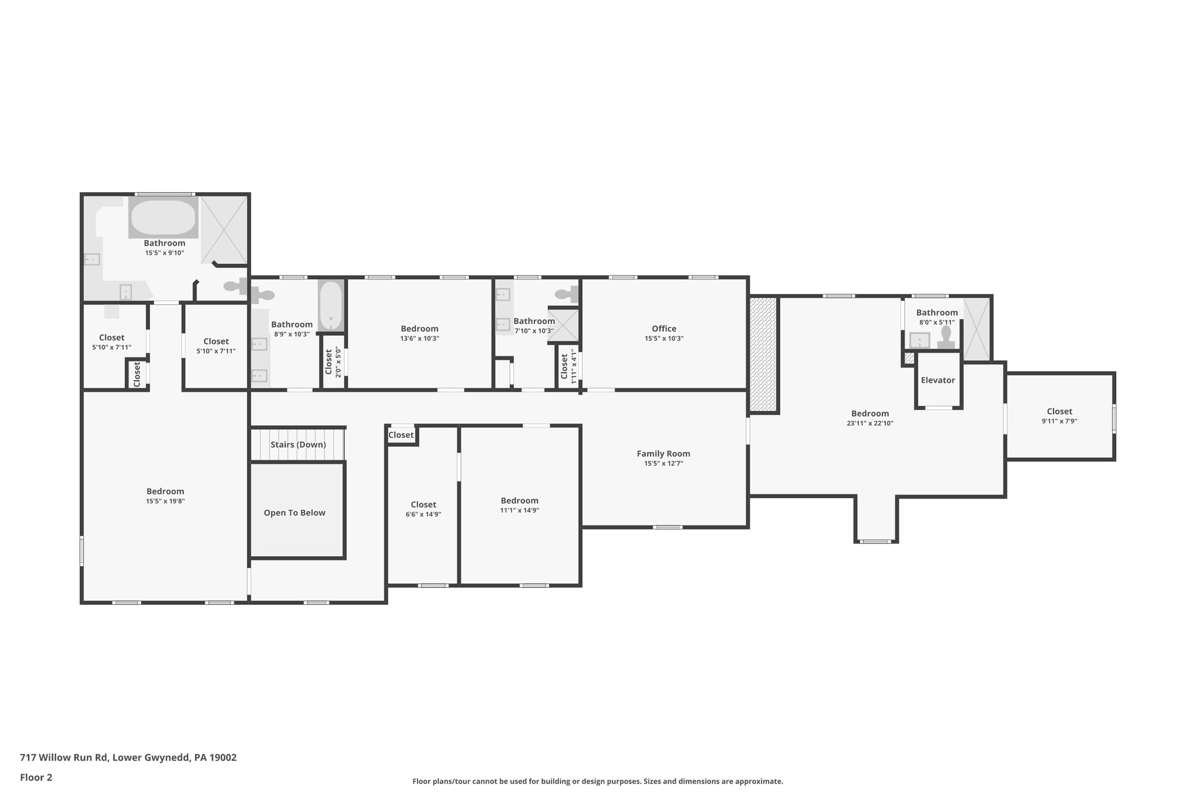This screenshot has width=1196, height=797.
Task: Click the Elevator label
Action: pos(938,380)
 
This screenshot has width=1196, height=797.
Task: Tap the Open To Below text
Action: pos(294,513)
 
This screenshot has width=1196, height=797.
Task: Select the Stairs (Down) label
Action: pos(298,444)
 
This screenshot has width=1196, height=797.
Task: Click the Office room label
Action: pos(664,329)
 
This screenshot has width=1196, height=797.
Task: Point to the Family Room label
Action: pos(663,454)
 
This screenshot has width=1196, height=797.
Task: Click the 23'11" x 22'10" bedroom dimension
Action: pos(870,423)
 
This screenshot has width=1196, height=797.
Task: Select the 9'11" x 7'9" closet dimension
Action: pos(1059,420)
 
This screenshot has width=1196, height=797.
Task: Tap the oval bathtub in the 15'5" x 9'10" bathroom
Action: pos(163,217)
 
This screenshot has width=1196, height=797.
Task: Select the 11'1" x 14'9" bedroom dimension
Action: pos(519,510)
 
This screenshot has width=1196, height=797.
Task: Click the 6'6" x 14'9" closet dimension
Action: pos(423,514)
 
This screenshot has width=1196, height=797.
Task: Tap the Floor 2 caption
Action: pos(36,777)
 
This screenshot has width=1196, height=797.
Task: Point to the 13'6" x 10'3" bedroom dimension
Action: pos(419,339)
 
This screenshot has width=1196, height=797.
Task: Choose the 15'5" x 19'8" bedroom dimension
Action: pos(165,501)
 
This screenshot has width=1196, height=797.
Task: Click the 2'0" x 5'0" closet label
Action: pos(333,362)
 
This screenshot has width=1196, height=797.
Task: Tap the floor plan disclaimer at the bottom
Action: pos(597,781)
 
